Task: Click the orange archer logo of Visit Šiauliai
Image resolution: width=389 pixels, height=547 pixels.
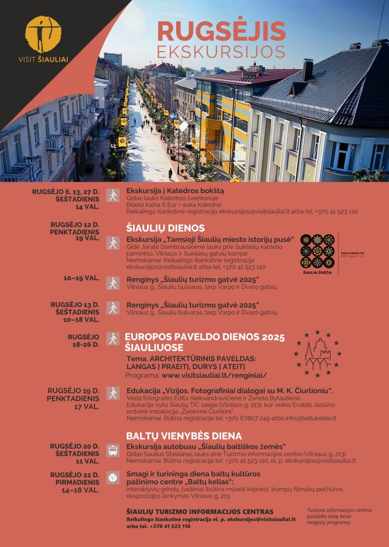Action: click(x=43, y=34)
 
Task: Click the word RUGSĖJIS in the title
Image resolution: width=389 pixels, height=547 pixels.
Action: click(x=221, y=31)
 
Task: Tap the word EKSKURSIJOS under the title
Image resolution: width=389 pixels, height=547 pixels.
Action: click(x=221, y=52)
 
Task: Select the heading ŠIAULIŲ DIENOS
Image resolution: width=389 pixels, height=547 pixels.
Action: click(x=165, y=228)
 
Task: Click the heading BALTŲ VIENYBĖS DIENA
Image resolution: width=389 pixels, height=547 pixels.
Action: click(x=184, y=436)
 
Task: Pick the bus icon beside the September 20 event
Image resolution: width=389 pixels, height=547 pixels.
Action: click(x=112, y=451)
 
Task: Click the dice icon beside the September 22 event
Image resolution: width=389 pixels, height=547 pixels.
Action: click(x=112, y=477)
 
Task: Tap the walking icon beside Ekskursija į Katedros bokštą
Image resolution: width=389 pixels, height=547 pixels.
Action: click(x=112, y=195)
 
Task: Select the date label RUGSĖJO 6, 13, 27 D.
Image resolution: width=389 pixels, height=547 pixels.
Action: click(x=66, y=191)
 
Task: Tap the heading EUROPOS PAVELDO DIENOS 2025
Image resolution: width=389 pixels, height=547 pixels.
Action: click(x=205, y=337)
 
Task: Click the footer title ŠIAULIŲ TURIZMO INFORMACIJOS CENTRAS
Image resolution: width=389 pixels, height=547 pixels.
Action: click(x=200, y=511)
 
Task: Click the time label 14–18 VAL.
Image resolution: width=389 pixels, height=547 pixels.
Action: click(x=80, y=490)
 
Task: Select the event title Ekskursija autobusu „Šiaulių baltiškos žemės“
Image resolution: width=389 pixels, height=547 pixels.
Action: click(x=206, y=446)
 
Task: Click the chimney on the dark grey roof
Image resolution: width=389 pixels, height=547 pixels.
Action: click(x=307, y=69)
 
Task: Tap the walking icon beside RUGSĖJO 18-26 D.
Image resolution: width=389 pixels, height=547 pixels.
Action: click(x=112, y=339)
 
